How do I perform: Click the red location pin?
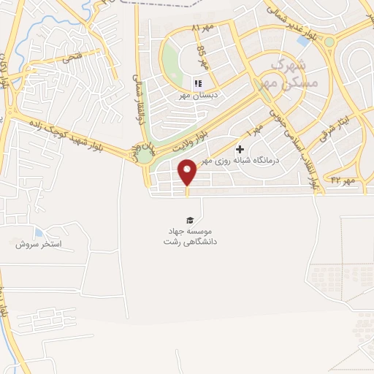pyautogui.click(x=188, y=172)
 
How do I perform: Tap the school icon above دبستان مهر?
pyautogui.click(x=197, y=84)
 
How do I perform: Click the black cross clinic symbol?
pyautogui.click(x=240, y=149)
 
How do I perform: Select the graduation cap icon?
pyautogui.click(x=190, y=220)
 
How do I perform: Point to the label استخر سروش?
pyautogui.click(x=39, y=243)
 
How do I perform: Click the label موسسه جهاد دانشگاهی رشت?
pyautogui.click(x=191, y=235)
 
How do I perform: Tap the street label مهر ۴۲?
pyautogui.click(x=342, y=179)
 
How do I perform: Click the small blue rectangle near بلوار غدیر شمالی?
pyautogui.click(x=302, y=41)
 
